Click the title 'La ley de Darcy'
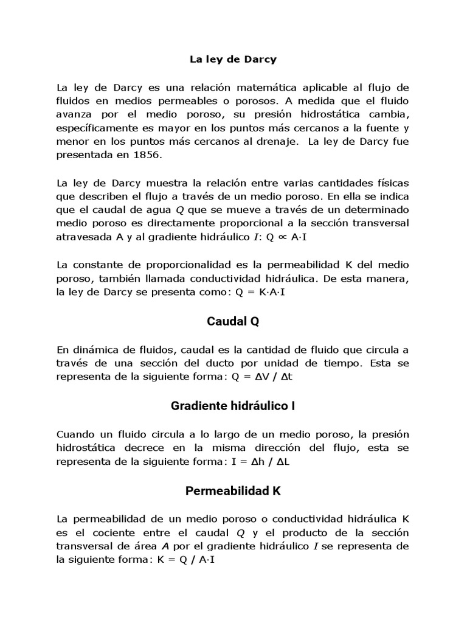(x=233, y=60)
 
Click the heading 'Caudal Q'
(x=233, y=321)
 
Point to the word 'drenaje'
(x=281, y=141)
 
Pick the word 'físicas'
(x=392, y=183)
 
